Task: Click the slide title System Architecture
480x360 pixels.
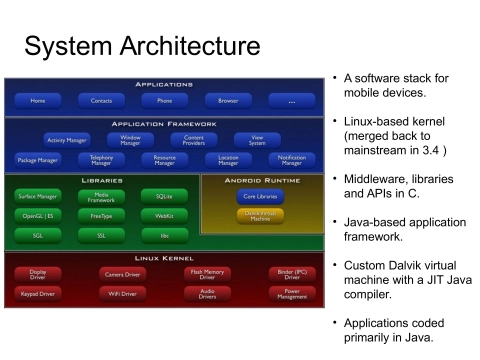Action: point(141,47)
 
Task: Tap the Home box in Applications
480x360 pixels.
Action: point(38,101)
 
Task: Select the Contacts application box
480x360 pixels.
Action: point(101,101)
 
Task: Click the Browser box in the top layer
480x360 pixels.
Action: point(228,101)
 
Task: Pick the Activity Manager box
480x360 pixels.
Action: point(66,140)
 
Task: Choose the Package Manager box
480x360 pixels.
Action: point(38,160)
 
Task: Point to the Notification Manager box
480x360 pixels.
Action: point(292,160)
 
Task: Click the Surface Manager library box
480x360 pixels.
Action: point(38,197)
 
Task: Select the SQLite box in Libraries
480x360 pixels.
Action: point(164,197)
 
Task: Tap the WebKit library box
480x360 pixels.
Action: point(164,216)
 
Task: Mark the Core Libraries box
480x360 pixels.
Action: point(261,197)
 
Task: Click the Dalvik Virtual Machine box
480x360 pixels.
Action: point(261,216)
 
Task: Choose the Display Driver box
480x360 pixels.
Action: point(38,273)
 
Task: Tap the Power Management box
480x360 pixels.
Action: point(292,294)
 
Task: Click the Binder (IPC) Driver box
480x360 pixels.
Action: point(292,273)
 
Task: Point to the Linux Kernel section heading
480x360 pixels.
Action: point(164,258)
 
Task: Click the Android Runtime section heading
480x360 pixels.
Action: point(262,180)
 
